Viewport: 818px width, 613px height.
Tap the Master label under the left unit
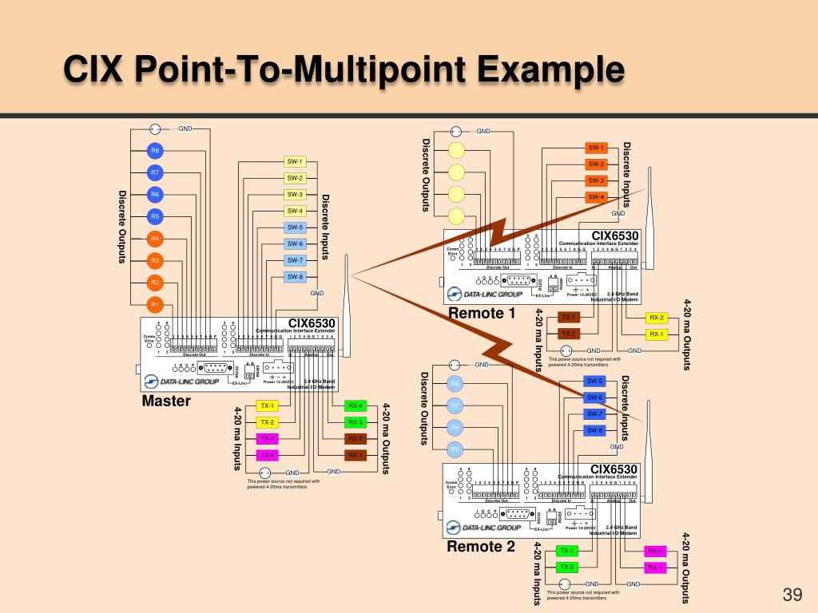tap(166, 401)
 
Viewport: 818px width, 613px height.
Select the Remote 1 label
tap(482, 313)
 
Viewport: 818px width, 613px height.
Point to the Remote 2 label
tap(481, 546)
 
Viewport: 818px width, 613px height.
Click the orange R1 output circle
tap(156, 304)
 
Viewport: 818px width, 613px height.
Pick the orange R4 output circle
tap(156, 239)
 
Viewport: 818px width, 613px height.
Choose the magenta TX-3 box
tap(267, 439)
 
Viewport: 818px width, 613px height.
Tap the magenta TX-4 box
tap(267, 455)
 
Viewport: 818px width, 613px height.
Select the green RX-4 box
tap(355, 406)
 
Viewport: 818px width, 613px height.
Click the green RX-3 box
tap(355, 422)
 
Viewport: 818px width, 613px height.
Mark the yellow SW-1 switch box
tap(296, 161)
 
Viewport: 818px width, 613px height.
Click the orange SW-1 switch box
tap(596, 148)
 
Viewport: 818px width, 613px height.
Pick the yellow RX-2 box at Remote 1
tap(656, 318)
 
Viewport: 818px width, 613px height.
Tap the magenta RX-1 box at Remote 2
tap(655, 568)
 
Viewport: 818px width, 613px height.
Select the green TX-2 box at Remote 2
tap(567, 568)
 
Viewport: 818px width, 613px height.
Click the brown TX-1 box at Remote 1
tap(569, 318)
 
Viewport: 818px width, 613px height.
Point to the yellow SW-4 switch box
tap(296, 211)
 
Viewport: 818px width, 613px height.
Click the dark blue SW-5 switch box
tap(595, 381)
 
